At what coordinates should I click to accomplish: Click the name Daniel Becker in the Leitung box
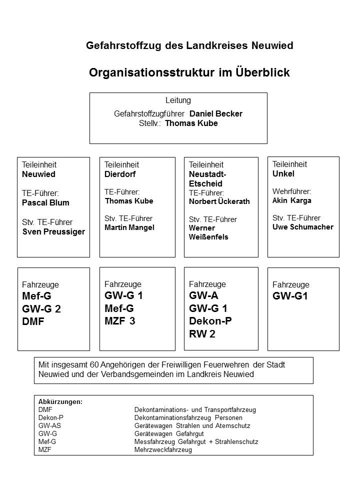(x=215, y=113)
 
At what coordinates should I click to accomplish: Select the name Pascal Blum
(x=45, y=202)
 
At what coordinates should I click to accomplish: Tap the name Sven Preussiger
(x=53, y=231)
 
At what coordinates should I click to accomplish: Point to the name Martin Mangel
(x=129, y=227)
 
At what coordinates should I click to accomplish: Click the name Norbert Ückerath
(x=219, y=201)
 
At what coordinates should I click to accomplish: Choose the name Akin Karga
(x=292, y=200)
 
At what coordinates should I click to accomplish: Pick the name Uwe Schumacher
(x=302, y=227)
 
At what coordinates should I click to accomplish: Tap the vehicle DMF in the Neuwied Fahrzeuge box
(x=33, y=321)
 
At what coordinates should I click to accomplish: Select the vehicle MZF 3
(x=120, y=321)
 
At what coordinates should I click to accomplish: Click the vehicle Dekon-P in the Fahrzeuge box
(x=210, y=321)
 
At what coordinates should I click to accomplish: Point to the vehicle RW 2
(x=202, y=334)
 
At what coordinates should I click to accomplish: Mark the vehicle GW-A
(x=203, y=295)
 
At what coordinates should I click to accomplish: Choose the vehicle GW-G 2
(x=41, y=308)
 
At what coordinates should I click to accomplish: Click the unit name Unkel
(x=283, y=173)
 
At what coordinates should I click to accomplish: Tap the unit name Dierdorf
(x=120, y=174)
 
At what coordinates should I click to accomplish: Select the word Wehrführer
(x=292, y=191)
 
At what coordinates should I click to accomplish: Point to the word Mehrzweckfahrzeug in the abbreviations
(x=163, y=449)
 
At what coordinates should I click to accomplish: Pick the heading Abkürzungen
(x=60, y=401)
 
